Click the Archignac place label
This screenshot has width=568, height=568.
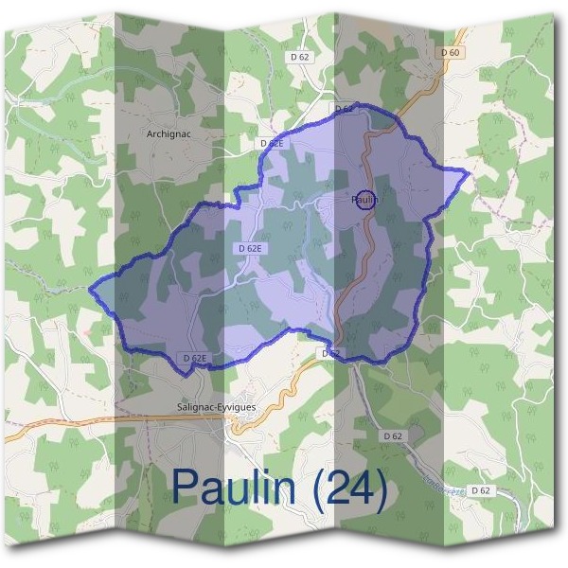[x=169, y=134]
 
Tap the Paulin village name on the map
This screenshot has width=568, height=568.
[x=365, y=200]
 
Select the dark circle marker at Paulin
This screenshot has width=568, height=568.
[x=366, y=200]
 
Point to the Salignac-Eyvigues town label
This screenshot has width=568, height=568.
[x=217, y=406]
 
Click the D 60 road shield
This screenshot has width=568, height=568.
[x=451, y=52]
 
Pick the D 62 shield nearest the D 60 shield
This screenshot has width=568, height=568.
[x=300, y=57]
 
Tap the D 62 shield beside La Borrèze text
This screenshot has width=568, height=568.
[x=481, y=490]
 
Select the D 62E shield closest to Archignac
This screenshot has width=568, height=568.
[x=272, y=143]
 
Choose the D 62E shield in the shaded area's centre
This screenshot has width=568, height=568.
[x=251, y=248]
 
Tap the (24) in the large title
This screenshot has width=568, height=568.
[x=349, y=488]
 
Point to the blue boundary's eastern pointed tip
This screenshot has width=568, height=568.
[x=467, y=171]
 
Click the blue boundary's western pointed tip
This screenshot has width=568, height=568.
[x=92, y=287]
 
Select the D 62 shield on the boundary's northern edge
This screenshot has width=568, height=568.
[x=344, y=110]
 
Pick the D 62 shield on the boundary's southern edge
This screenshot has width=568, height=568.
[x=330, y=353]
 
